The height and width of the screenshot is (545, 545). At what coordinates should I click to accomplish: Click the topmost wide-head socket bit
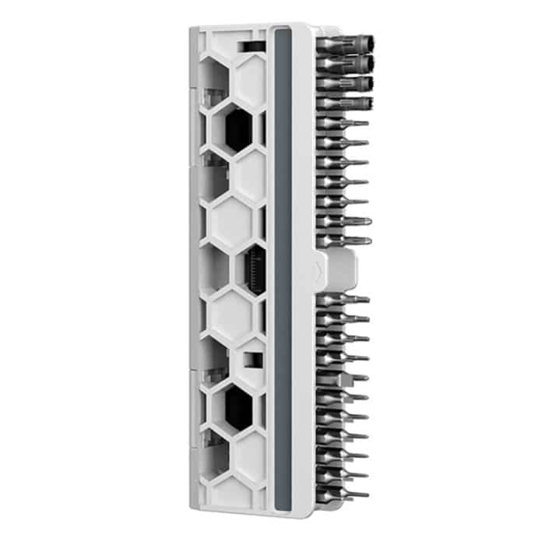346,41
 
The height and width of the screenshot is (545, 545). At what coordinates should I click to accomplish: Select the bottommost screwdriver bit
343,493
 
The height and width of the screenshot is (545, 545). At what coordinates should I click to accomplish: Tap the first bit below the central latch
343,299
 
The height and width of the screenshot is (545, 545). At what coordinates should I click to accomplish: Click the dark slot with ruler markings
255,269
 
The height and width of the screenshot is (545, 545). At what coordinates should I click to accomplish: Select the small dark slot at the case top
250,47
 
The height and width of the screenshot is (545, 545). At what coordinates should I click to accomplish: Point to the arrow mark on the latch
318,269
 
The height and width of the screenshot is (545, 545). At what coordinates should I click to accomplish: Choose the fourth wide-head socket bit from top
346,103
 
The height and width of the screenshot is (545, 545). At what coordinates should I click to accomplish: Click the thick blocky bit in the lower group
343,378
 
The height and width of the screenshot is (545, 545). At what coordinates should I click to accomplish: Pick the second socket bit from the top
346,61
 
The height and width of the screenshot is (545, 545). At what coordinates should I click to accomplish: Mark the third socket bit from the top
346,81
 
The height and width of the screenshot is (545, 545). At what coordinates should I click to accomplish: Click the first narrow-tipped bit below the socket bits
343,123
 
